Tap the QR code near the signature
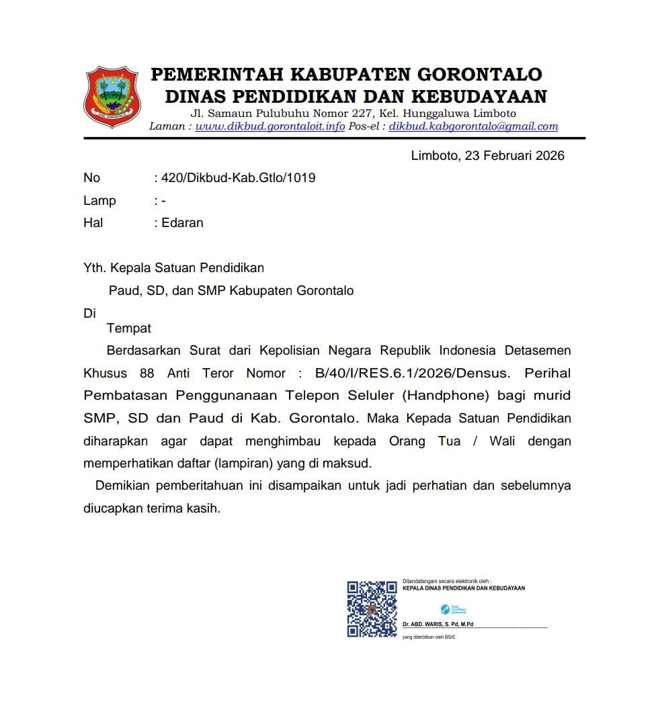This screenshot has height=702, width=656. (x=372, y=609)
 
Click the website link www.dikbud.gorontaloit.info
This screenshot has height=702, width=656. (x=270, y=126)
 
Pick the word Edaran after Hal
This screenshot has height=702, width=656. (x=182, y=222)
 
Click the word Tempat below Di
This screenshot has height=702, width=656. (x=129, y=328)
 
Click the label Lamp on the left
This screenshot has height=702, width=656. (x=99, y=200)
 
